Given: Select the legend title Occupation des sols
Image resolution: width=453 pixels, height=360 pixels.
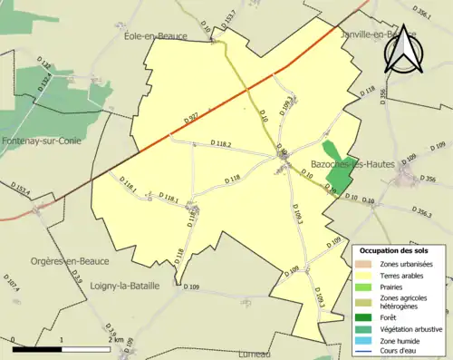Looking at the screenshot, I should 393,249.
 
